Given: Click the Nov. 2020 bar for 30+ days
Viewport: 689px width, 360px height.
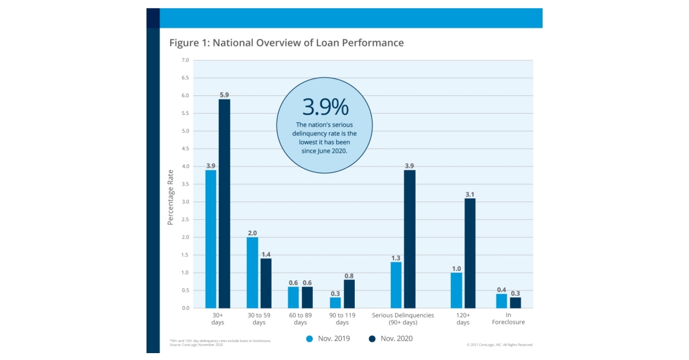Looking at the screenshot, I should tap(224, 204).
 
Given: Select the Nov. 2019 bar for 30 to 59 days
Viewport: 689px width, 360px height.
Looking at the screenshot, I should tap(252, 273).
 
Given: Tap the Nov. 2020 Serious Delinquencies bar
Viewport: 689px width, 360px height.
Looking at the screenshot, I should tap(409, 239).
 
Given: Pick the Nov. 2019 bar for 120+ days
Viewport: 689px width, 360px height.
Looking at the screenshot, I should tap(456, 290).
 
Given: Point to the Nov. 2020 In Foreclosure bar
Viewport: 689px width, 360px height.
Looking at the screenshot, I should tap(515, 303).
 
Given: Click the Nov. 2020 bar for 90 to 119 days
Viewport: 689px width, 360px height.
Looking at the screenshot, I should tap(349, 293).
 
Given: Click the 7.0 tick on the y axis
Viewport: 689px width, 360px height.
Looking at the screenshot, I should tap(185, 60).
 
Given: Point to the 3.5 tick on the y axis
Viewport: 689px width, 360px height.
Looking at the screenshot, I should tap(185, 184).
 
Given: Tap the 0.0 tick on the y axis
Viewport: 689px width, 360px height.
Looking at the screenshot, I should tap(185, 308).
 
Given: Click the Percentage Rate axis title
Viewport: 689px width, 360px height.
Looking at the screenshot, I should tap(171, 196).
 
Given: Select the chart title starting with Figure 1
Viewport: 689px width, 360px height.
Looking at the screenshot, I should tap(286, 43).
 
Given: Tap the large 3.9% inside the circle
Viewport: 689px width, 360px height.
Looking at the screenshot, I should tap(324, 107).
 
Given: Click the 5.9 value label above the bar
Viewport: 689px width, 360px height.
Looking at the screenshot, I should tap(224, 95).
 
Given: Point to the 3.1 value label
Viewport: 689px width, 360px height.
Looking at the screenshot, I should tap(470, 194).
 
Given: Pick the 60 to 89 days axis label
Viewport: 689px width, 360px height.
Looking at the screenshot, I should tap(300, 319).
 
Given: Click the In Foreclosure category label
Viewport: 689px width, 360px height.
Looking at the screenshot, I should tap(508, 319).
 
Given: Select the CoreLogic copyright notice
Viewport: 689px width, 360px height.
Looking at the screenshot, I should tap(499, 344).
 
